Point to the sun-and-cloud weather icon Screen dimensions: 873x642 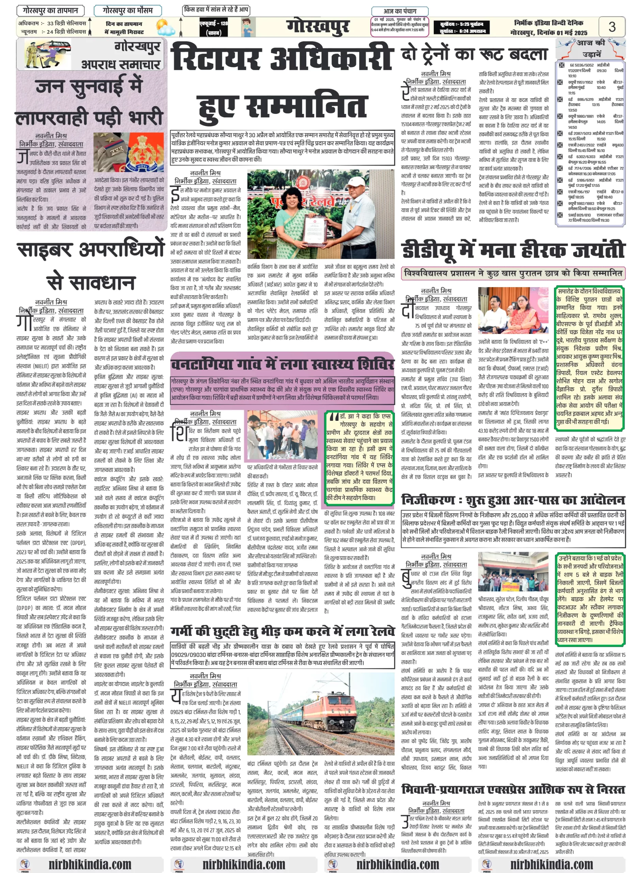click(165, 27)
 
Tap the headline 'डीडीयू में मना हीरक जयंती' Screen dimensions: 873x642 click(513, 250)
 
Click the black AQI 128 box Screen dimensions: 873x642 click(213, 27)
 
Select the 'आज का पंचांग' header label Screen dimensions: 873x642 click(400, 11)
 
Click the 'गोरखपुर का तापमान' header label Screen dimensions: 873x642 click(50, 11)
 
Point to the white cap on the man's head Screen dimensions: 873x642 click(358, 180)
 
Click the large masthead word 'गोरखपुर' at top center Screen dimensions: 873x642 click(318, 27)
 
